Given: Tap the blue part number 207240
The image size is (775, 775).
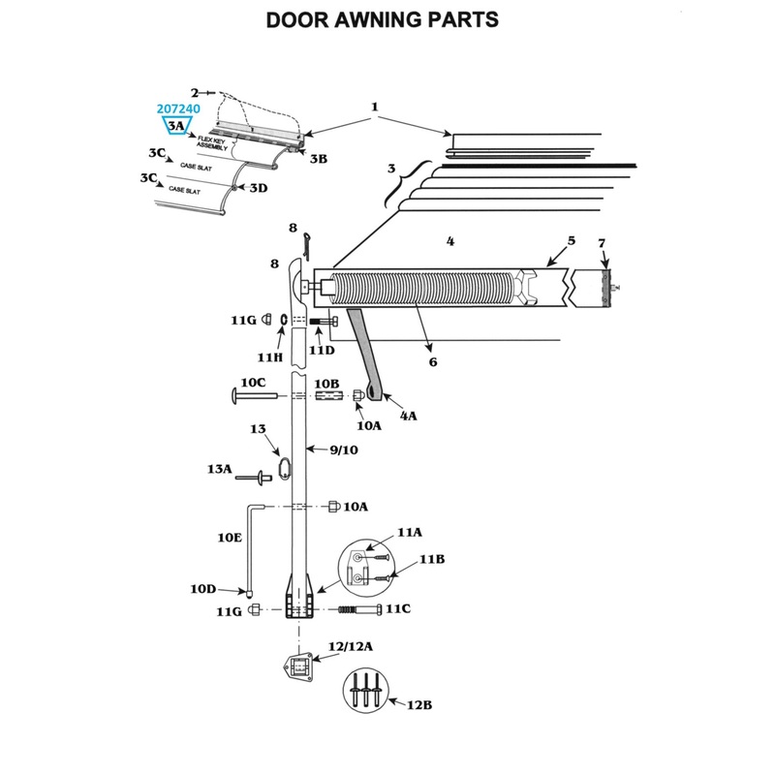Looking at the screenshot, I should tap(178, 110).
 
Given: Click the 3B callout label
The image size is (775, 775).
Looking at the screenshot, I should tap(319, 158).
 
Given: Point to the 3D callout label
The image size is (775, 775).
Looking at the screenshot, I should tap(258, 188).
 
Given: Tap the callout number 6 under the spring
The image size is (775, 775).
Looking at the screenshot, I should tap(432, 361).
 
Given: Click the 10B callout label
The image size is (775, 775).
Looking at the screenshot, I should tap(326, 384).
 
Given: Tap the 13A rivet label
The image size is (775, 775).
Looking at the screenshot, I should tap(221, 469).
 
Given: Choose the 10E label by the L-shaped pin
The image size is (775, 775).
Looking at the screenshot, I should tap(229, 536).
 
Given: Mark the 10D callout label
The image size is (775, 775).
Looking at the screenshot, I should tap(202, 588).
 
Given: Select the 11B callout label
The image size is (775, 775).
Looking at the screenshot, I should tap(431, 561).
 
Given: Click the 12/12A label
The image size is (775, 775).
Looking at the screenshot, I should tap(350, 645).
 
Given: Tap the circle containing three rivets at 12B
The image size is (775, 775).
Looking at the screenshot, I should tap(365, 693).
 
